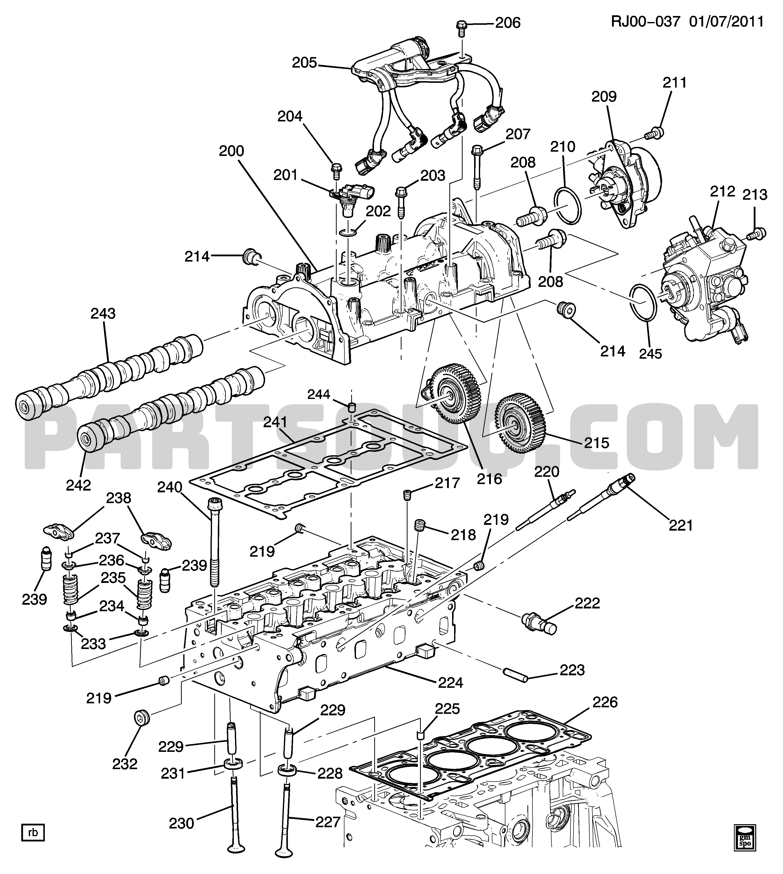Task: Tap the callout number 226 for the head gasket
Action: (x=605, y=702)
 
